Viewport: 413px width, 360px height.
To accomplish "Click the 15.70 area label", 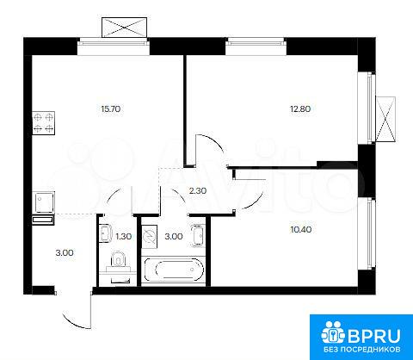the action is (x=111, y=109).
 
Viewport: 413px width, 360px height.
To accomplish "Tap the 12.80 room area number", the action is (x=300, y=109).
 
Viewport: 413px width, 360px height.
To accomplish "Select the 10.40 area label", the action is (x=301, y=229).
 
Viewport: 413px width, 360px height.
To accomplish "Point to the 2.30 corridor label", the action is (x=198, y=190).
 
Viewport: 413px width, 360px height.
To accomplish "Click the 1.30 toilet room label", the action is (x=124, y=236).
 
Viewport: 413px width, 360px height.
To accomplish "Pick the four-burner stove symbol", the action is (x=43, y=123).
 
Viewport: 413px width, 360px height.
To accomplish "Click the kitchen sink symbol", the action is (x=43, y=202).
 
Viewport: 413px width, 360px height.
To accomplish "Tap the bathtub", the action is (x=174, y=270).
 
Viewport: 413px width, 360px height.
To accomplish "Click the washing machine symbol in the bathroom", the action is (x=150, y=237).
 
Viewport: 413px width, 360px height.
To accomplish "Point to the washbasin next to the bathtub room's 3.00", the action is (x=199, y=235).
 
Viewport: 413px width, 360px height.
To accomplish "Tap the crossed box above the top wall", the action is (x=125, y=28).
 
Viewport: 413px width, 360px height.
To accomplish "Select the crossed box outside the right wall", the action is (x=385, y=119).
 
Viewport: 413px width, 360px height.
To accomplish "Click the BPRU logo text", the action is (x=374, y=335).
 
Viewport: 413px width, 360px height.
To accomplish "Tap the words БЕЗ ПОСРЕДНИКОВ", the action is (x=362, y=350).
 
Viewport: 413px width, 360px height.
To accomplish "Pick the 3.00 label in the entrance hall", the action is (x=65, y=253).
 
